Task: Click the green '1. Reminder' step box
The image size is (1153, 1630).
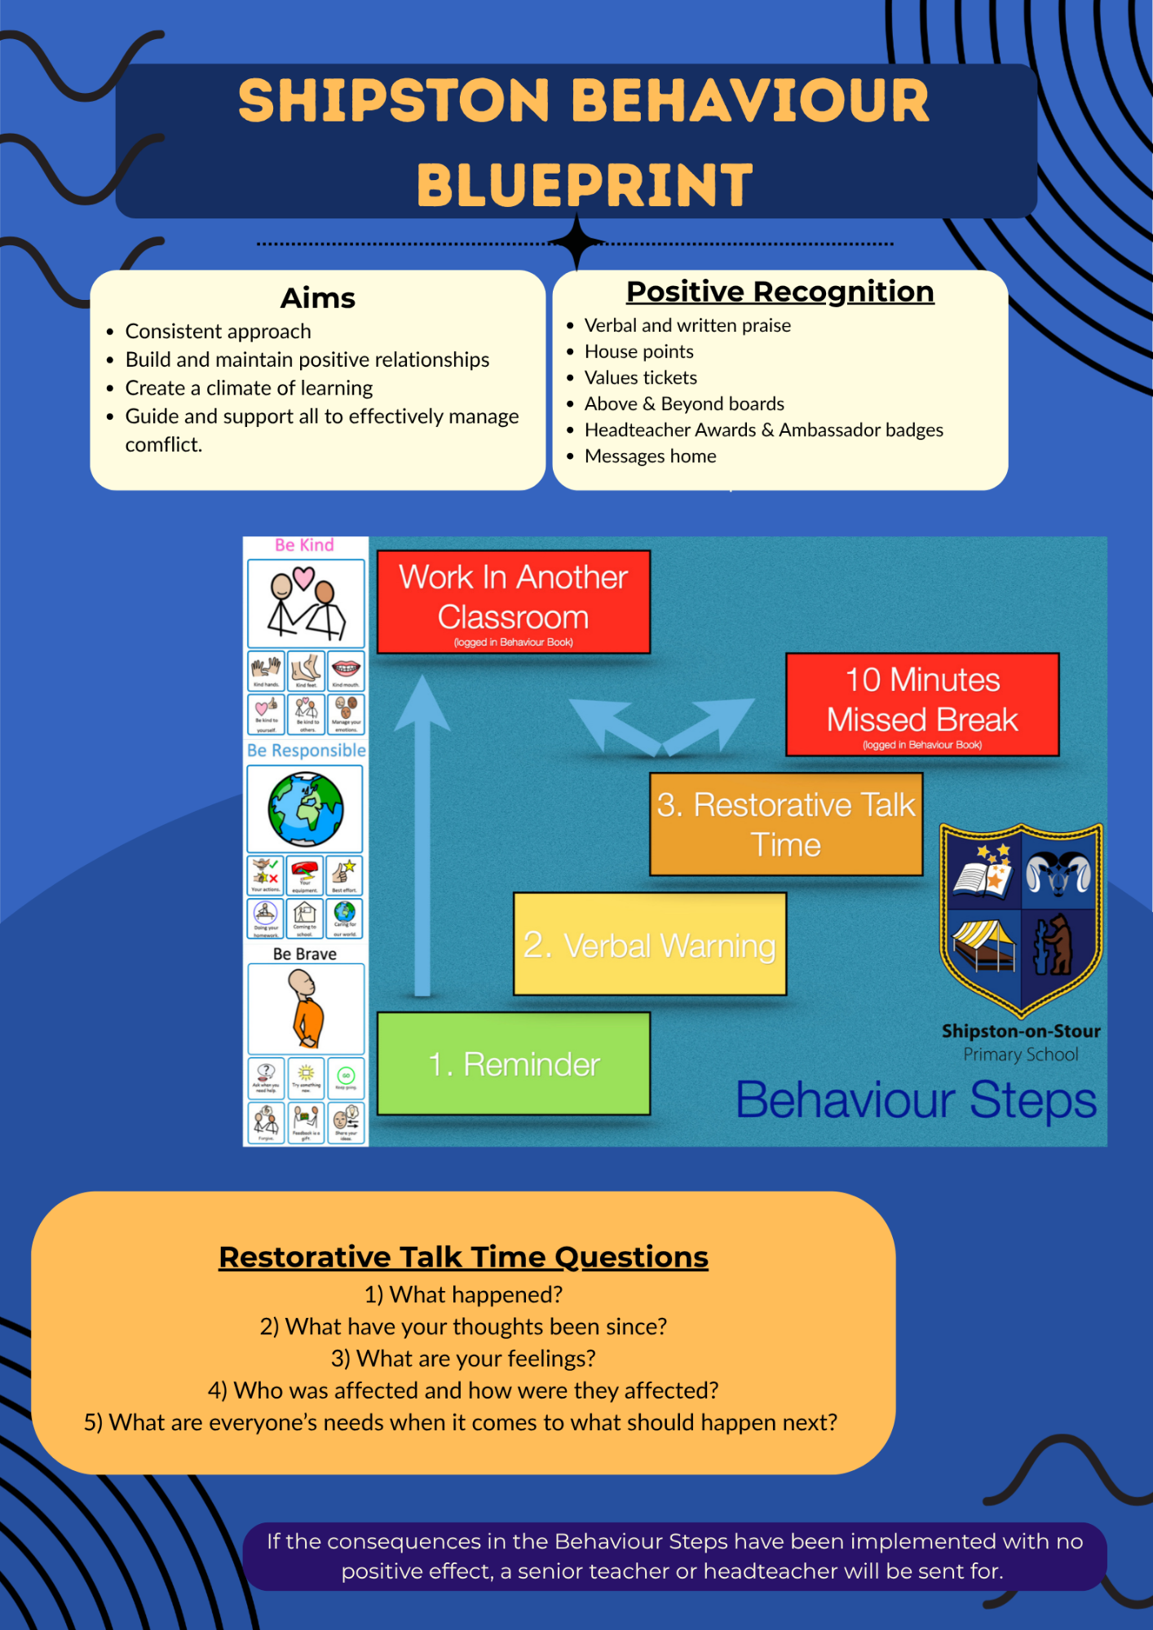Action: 514,1064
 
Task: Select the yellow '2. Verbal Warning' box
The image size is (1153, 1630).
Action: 649,944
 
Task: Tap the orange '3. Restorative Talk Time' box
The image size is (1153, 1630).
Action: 786,824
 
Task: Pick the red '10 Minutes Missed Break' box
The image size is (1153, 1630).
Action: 922,704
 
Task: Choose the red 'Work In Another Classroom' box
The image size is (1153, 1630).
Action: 514,601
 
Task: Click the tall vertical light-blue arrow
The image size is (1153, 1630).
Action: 422,839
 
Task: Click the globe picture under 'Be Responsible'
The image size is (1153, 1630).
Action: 306,809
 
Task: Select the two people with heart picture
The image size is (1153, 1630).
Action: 306,603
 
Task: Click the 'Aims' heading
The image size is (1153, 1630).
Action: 318,298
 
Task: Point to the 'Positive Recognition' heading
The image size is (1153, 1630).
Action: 780,292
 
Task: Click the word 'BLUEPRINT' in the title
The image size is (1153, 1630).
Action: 585,185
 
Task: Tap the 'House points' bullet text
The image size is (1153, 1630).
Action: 639,351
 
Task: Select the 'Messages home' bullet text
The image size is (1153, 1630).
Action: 651,456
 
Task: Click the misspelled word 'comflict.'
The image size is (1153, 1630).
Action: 163,445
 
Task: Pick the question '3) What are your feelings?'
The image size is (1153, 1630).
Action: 463,1359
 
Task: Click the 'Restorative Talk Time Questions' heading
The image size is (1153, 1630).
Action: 463,1257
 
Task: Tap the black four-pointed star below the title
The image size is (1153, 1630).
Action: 576,242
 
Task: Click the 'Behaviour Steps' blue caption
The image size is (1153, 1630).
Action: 916,1100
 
